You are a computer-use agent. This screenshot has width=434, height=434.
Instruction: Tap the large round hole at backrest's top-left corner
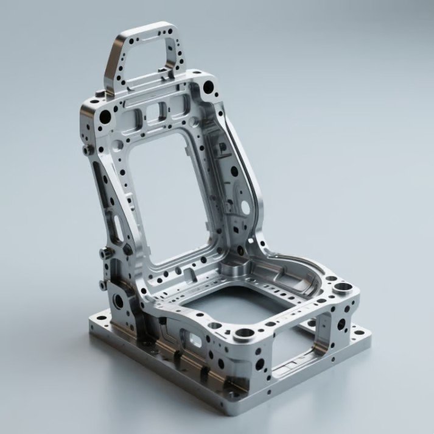point(105,116)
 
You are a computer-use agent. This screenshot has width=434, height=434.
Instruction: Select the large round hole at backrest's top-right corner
point(209,88)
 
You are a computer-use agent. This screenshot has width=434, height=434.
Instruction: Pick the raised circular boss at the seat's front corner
point(245,333)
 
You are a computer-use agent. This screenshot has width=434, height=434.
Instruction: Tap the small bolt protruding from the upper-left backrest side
point(86,149)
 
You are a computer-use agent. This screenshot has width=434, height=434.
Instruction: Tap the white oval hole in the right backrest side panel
point(245,207)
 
